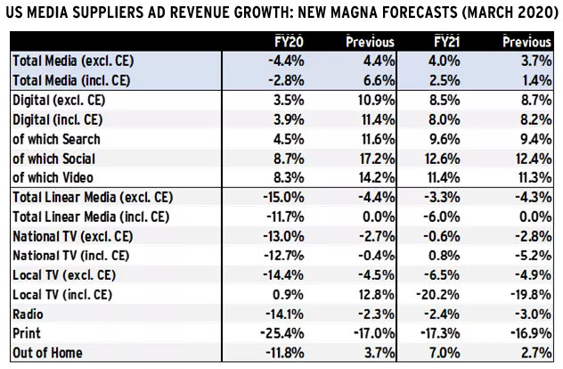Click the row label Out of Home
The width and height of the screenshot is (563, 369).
click(x=47, y=353)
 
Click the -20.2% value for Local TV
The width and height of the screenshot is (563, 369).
click(x=436, y=295)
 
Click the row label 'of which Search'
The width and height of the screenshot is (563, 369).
click(x=57, y=138)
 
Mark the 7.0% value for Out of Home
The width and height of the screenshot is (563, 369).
click(x=443, y=353)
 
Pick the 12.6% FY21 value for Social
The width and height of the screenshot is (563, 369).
click(x=439, y=158)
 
